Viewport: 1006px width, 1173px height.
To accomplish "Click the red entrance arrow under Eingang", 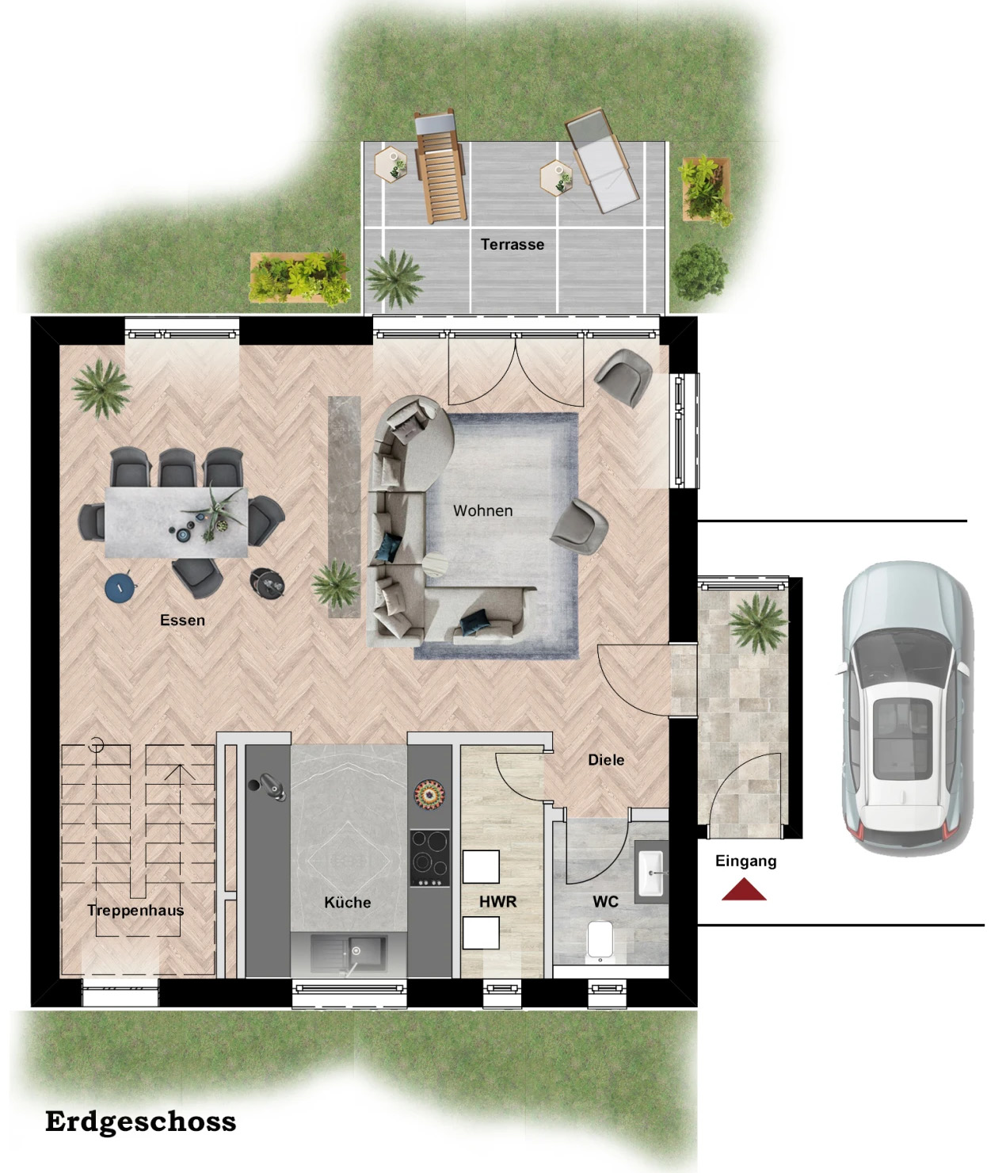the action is coord(744,889).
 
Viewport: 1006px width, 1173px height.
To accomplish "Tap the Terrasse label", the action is coord(512,245).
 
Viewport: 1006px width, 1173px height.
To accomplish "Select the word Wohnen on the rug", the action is coord(482,510).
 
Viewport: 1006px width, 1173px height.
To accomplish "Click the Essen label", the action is coord(182,621).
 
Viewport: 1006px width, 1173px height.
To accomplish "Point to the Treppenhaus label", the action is coord(135,910).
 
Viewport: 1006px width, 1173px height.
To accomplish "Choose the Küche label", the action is coord(348,902).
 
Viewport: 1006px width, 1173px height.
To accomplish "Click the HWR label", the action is coord(498,902).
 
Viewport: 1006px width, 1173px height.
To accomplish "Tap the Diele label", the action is coord(606,760).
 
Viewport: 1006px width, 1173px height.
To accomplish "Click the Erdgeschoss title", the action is coord(141,1122).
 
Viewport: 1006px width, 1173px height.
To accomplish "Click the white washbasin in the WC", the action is coord(652,872).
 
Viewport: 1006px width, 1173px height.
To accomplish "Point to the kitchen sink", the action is coord(349,953).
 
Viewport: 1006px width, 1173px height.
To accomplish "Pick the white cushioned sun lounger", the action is coord(602,160).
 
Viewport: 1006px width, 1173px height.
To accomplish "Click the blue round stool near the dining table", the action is coord(120,588).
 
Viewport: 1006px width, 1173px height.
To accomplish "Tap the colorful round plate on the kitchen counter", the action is coord(429,793).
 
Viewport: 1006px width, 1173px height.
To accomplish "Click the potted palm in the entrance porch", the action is coord(757,622).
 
